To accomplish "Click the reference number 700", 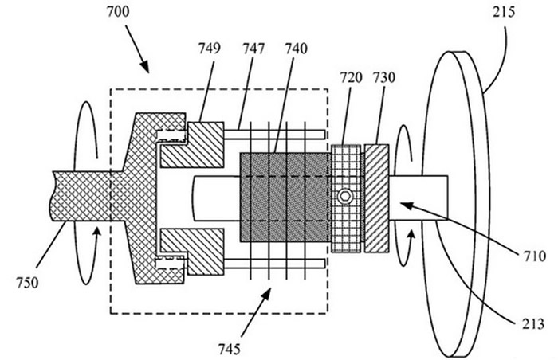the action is pyautogui.click(x=118, y=12).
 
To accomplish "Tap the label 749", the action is pyautogui.click(x=209, y=48).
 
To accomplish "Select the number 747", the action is pyautogui.click(x=253, y=49).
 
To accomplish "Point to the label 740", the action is pyautogui.click(x=296, y=49).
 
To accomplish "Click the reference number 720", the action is pyautogui.click(x=351, y=77).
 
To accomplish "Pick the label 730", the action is pyautogui.click(x=383, y=77).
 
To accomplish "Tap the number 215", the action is pyautogui.click(x=504, y=13).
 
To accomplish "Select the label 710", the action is pyautogui.click(x=535, y=256).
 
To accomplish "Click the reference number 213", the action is pyautogui.click(x=533, y=323).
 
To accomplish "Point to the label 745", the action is pyautogui.click(x=230, y=350).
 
